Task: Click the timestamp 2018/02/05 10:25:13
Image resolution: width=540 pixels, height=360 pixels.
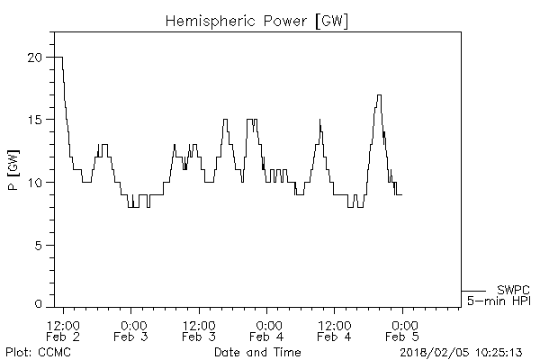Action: pyautogui.click(x=462, y=351)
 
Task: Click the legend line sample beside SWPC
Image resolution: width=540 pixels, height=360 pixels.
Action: pyautogui.click(x=475, y=291)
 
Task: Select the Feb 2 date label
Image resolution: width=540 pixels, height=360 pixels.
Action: pyautogui.click(x=63, y=337)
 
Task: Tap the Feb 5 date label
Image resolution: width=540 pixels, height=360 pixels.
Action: pyautogui.click(x=402, y=337)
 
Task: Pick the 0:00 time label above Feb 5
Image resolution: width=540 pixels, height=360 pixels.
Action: pyautogui.click(x=402, y=325)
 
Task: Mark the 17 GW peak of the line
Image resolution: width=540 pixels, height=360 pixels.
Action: pyautogui.click(x=379, y=95)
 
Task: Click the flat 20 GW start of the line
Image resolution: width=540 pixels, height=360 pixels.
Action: pyautogui.click(x=58, y=58)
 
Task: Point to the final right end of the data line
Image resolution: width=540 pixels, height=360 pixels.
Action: pyautogui.click(x=401, y=194)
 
